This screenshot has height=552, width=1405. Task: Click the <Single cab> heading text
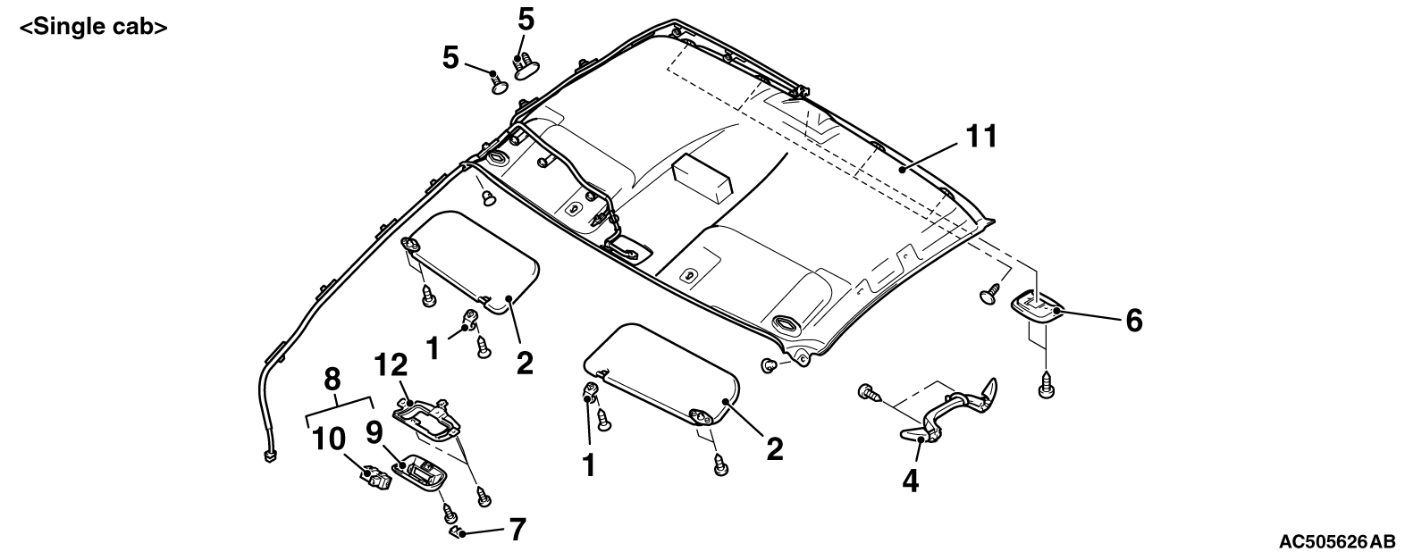coord(94,28)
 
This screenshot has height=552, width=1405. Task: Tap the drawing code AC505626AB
coord(1337,540)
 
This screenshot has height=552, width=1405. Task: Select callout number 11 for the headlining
coord(981,137)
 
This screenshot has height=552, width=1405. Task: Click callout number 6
coord(1134,321)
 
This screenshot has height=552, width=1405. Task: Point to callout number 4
coord(910,481)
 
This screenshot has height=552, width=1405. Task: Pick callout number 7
coord(517,530)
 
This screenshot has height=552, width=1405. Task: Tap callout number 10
coord(329,439)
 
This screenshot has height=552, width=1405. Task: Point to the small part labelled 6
coord(1038,307)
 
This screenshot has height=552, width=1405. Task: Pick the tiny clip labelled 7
coord(458,532)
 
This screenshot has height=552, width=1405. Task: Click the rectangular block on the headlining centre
coord(702,178)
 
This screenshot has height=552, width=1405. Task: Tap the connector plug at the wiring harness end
coord(270,456)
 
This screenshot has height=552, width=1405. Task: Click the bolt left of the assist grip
coord(868,392)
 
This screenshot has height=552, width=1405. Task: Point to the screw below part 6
coord(1046,385)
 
